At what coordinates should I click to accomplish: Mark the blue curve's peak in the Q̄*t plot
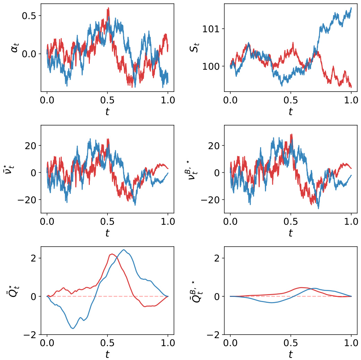point(124,250)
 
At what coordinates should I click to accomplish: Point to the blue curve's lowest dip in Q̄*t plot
point(73,328)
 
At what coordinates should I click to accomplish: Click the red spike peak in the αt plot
point(108,8)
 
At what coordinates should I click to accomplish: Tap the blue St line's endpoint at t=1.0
point(351,8)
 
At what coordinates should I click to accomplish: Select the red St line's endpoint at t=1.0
point(351,87)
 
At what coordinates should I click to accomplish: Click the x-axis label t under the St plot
point(291,111)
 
